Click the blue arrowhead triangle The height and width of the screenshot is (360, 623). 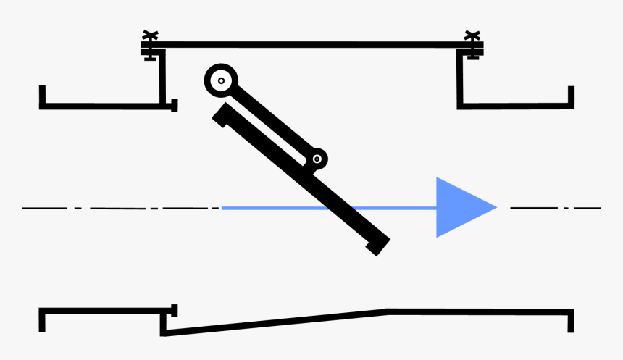click(460, 208)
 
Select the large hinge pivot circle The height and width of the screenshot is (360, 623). click(221, 80)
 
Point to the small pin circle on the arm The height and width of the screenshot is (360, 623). click(317, 159)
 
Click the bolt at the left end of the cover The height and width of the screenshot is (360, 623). click(150, 45)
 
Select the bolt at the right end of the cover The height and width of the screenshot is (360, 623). click(472, 45)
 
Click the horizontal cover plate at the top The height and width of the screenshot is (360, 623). click(311, 45)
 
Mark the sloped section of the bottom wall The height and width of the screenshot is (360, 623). click(275, 323)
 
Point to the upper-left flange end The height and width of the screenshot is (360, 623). click(43, 96)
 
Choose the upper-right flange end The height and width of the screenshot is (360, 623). click(571, 96)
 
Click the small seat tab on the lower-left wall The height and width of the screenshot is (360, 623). click(173, 311)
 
